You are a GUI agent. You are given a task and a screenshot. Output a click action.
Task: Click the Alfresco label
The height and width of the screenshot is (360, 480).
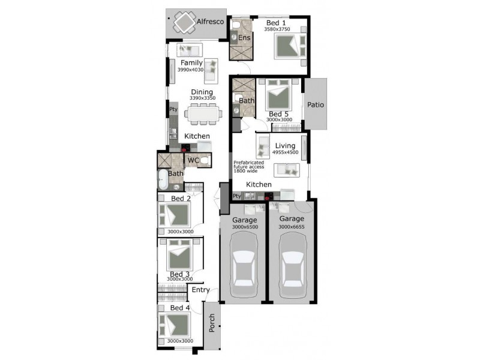coord(211,22)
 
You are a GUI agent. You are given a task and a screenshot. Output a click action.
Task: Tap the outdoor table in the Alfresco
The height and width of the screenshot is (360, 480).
coord(184,22)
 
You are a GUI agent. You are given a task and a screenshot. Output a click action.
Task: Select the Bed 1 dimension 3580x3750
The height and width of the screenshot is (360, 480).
coord(277,29)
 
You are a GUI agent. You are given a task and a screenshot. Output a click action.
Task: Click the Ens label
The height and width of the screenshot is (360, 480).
coord(244,38)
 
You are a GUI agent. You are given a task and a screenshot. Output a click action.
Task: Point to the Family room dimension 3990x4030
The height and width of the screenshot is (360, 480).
coord(190,70)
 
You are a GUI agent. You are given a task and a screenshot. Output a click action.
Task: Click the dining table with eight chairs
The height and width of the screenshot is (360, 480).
coord(203,114)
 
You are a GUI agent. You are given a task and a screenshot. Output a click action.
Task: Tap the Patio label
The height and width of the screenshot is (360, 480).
coord(316,104)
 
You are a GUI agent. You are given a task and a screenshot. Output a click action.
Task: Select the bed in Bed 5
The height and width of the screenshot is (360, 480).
coord(278,95)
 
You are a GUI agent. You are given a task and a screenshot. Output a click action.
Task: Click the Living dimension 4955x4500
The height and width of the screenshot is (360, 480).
coord(286,152)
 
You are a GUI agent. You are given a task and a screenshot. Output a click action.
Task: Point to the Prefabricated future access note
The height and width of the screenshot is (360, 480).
coord(248,167)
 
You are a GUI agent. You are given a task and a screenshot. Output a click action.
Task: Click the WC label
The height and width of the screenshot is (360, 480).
coord(193,160)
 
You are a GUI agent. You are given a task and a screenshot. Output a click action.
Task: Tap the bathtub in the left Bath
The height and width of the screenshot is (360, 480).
coord(163,179)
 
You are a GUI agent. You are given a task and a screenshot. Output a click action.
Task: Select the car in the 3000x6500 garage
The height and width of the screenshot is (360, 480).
coord(244,265)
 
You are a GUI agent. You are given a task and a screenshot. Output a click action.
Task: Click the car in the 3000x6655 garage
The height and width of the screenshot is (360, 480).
coord(293,265)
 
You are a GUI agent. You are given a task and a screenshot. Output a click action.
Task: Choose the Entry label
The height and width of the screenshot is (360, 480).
coord(200,290)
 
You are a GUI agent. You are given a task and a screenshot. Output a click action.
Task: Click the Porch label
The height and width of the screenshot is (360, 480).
coord(212,323)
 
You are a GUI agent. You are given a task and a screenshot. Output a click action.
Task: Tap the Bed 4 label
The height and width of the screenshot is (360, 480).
coord(180,308)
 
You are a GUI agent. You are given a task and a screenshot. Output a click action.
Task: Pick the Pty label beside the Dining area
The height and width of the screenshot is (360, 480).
coord(173,109)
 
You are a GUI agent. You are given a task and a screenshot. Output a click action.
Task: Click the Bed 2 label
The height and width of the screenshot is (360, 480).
coord(181,199)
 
